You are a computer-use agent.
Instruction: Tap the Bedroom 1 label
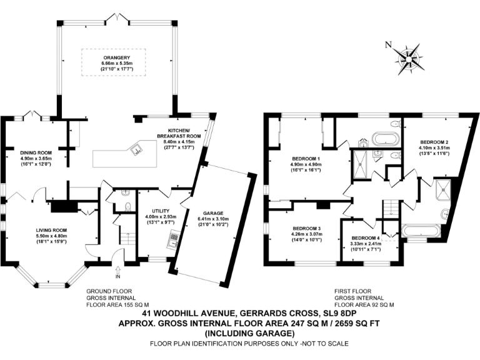[306, 159]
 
